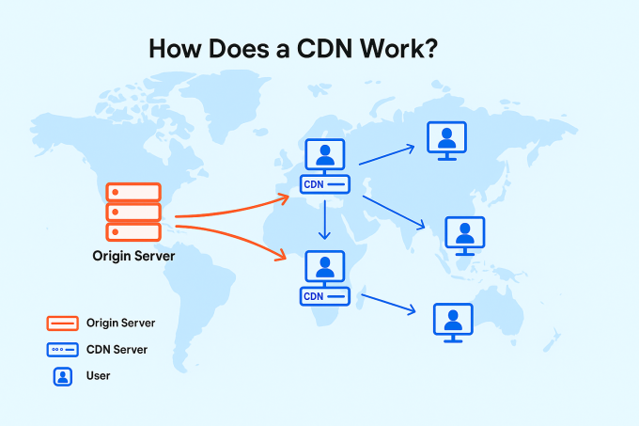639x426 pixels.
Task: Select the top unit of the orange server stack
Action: tap(133, 192)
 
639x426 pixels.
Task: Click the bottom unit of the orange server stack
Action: tap(133, 231)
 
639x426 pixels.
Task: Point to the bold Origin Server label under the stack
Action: tap(133, 255)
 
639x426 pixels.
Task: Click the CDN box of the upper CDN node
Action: tap(324, 184)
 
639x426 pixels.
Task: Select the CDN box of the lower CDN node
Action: tap(324, 296)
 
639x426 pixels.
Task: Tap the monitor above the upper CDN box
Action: tap(325, 155)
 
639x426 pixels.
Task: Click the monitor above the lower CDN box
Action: tap(325, 267)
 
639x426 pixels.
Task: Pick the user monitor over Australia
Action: tap(453, 320)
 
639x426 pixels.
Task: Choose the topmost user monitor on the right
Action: tap(447, 139)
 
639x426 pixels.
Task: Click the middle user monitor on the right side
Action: tap(464, 233)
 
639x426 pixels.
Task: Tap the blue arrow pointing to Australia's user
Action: tap(387, 304)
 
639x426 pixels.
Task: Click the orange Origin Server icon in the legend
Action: tap(61, 323)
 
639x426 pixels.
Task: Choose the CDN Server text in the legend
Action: tap(117, 350)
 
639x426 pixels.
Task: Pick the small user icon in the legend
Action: tap(61, 376)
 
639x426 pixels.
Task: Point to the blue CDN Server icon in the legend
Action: tap(61, 350)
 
